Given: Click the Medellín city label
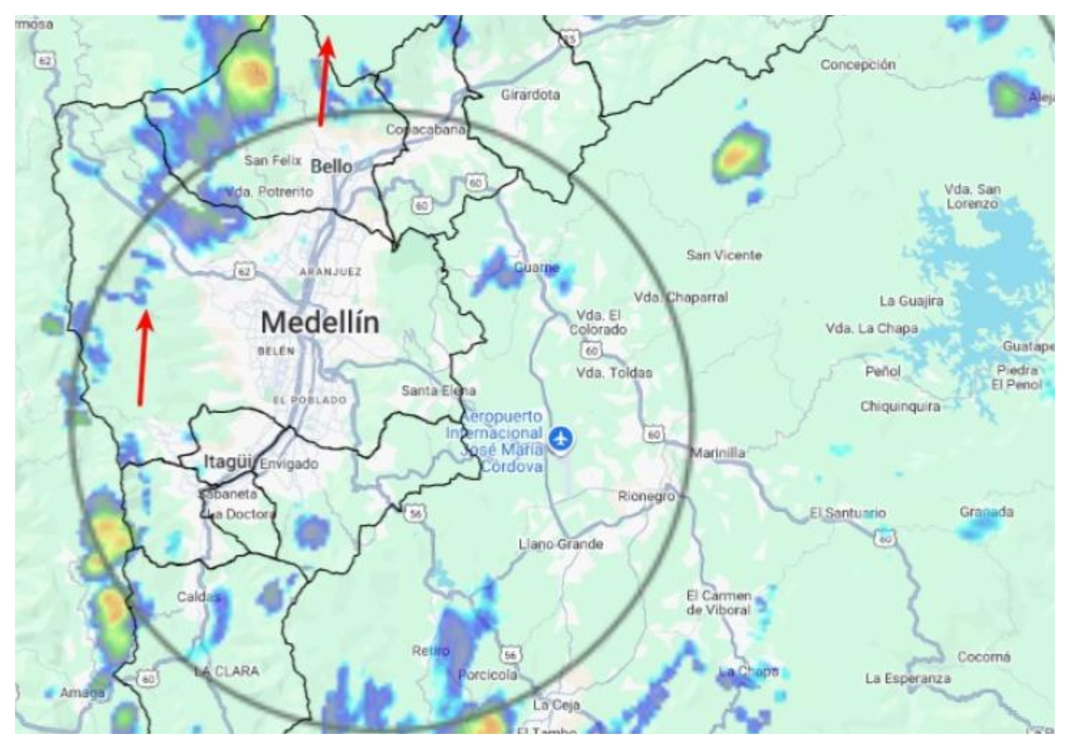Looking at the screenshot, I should click(320, 323).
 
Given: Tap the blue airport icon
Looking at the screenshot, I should click(560, 439).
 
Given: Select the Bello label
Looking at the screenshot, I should click(331, 167).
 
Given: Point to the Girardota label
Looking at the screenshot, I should click(530, 95).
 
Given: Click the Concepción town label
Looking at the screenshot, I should click(858, 65).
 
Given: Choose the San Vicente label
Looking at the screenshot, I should click(724, 255).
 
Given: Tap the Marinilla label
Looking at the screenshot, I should click(717, 453).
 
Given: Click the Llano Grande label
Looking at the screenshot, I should click(561, 544).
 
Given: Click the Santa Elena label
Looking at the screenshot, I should click(439, 391).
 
